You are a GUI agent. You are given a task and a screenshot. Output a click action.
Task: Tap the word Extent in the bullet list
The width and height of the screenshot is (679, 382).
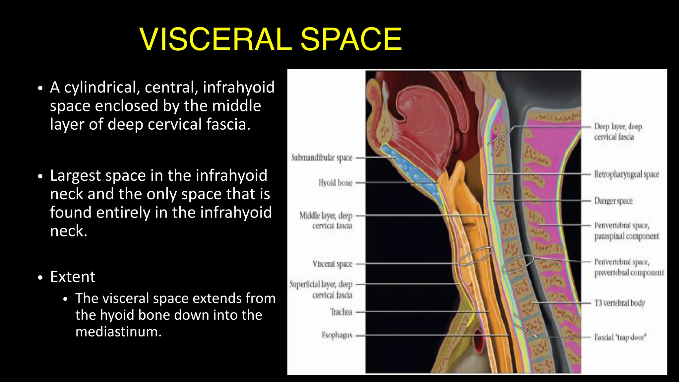73,277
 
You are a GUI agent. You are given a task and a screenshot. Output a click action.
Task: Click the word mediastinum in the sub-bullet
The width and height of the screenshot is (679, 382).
118,332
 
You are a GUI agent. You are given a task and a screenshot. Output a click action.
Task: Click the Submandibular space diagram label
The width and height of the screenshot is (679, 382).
322,158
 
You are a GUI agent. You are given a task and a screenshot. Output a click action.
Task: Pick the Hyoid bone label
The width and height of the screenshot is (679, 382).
335,183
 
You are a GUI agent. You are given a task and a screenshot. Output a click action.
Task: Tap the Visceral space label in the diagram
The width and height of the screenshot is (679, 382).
332,264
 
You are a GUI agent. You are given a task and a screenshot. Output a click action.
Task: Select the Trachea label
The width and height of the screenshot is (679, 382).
341,312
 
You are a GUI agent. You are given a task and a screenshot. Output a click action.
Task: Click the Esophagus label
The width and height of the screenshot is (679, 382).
337,335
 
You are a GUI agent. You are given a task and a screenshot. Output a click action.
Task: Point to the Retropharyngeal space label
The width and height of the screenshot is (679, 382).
626,174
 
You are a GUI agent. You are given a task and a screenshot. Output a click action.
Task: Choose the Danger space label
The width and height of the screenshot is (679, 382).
613,201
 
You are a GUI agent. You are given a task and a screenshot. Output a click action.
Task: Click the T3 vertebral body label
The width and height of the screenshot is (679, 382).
619,303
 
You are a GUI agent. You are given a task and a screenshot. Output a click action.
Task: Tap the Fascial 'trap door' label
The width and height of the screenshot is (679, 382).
620,337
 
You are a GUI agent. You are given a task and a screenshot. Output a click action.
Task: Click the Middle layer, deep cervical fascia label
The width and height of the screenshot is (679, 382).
326,221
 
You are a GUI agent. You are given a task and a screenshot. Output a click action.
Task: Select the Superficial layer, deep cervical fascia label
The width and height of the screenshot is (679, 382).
321,289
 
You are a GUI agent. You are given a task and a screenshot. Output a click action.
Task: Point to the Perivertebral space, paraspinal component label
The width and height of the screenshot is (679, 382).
626,231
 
